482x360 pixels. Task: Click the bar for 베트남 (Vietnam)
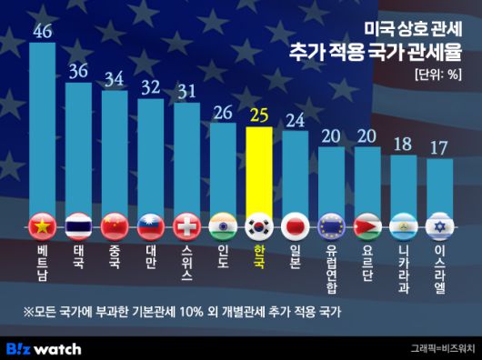point(43,127)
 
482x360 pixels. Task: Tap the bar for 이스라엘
point(439,186)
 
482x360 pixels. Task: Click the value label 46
point(43,31)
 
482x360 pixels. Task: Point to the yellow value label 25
point(259,115)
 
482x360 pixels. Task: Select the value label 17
point(439,146)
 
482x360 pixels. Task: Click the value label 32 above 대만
point(151,87)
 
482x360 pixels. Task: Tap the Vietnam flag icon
point(43,225)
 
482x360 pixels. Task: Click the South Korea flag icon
point(259,225)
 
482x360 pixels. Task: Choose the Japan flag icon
point(295,225)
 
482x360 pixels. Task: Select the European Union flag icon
point(331,225)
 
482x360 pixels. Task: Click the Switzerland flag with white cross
point(186,225)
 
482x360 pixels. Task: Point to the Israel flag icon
point(439,225)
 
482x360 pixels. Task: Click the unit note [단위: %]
point(437,75)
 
